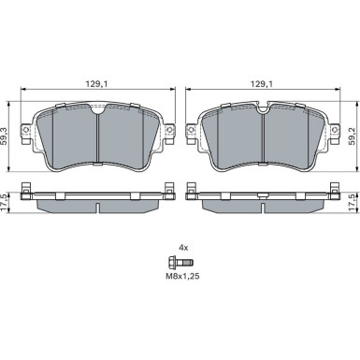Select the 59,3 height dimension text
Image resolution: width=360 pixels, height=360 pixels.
coord(5,136)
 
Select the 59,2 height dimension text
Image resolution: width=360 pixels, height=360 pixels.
coord(352,136)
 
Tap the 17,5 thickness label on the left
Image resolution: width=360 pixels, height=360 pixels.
coord(5,203)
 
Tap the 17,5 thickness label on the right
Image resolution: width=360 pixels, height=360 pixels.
coord(352,203)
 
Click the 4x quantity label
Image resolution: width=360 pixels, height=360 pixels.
coord(183,248)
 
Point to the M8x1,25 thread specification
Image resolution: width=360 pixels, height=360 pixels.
coord(182,276)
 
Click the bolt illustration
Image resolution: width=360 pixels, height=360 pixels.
coord(180,263)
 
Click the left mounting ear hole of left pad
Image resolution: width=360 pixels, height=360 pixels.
coord(26,130)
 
